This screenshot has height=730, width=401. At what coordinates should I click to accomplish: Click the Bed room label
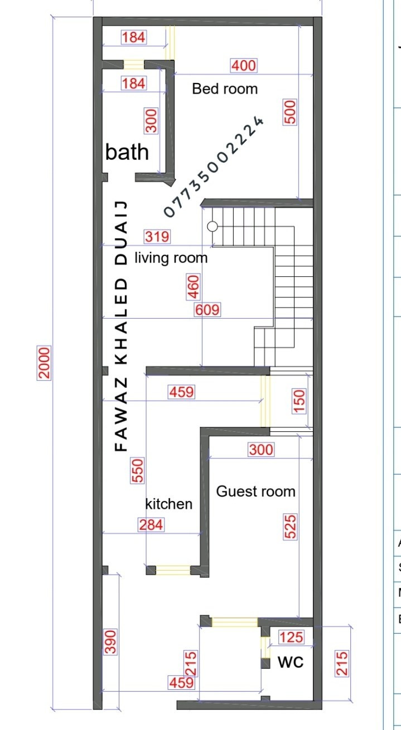coord(225,89)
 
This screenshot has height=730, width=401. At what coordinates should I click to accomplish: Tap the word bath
coord(127,152)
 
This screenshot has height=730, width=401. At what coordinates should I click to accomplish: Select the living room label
coord(171,258)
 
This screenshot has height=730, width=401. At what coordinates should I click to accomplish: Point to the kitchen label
coord(168,504)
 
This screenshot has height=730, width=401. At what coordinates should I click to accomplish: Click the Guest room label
coord(255,491)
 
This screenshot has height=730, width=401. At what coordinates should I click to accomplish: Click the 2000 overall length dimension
coord(44,363)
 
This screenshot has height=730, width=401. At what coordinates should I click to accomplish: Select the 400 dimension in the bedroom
coord(244,66)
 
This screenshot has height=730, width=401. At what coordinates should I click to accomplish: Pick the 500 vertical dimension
coord(290,112)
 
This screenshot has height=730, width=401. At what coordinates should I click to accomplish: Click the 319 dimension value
coord(157,237)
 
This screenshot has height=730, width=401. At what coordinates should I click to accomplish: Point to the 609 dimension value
coord(207,310)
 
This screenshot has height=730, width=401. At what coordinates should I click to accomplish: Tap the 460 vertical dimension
coord(193,287)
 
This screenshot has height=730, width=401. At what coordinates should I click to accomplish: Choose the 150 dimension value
coord(299,401)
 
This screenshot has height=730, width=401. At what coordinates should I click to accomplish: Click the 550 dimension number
coord(137,470)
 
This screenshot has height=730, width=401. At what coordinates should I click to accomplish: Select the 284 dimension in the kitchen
coord(151,525)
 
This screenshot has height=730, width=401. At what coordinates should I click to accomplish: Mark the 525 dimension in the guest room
coord(290,527)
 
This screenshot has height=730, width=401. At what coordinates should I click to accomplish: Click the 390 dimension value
coord(110,642)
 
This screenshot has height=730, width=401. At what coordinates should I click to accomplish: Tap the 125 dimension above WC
coord(291,637)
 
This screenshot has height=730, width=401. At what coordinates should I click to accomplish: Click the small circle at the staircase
coord(212,226)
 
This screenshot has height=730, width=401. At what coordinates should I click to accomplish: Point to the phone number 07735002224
coord(214,167)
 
